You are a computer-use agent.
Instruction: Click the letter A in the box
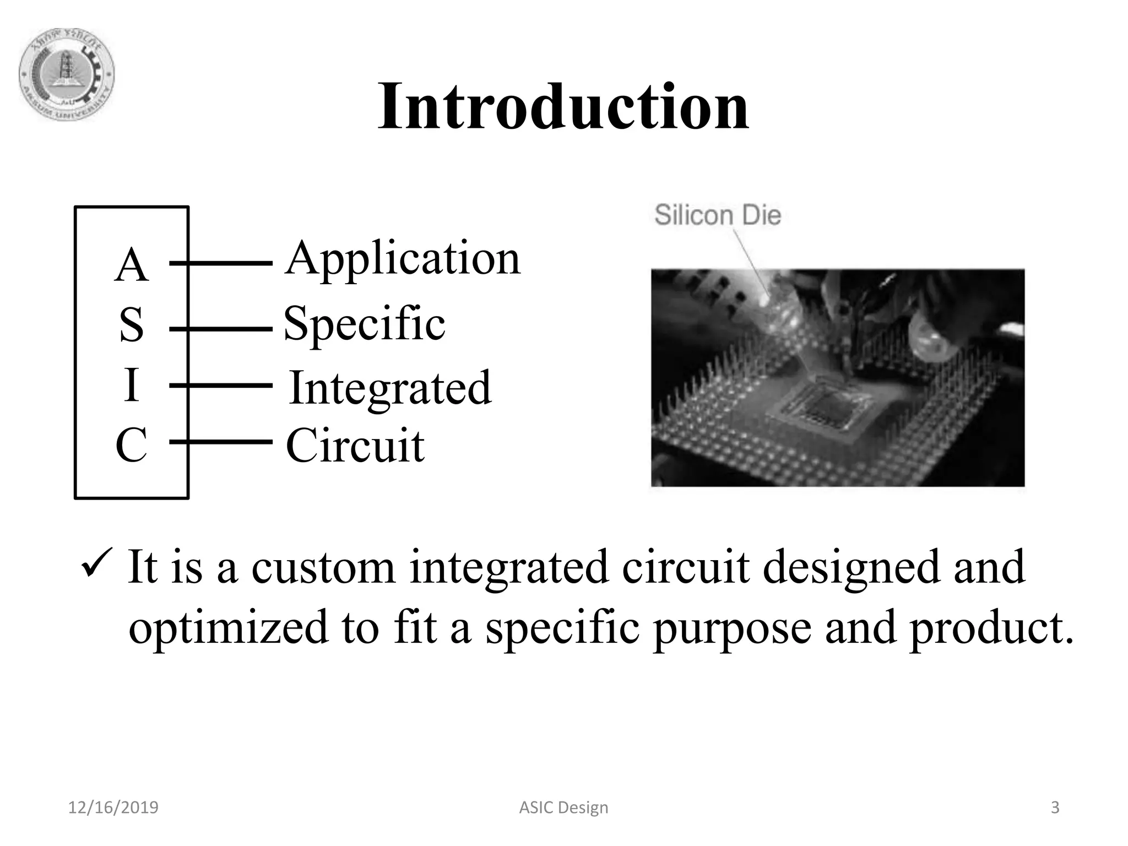pos(132,265)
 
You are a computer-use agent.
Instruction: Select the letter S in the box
pos(132,325)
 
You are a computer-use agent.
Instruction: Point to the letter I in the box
pos(131,385)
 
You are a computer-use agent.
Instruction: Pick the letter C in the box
pos(131,445)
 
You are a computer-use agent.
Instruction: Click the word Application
pos(402,259)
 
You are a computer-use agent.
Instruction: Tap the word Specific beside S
pos(364,324)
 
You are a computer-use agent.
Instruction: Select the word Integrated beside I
pos(390,388)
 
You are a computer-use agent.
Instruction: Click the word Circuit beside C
pos(355,446)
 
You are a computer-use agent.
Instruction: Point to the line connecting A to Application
pos(220,264)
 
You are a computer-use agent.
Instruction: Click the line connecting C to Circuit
pos(220,442)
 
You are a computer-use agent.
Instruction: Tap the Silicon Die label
pos(718,215)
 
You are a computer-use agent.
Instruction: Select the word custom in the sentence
pos(323,567)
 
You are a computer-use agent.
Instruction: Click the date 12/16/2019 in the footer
pos(113,808)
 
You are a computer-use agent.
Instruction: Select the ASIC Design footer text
pos(563,808)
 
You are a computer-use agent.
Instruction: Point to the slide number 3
pos(1055,808)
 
